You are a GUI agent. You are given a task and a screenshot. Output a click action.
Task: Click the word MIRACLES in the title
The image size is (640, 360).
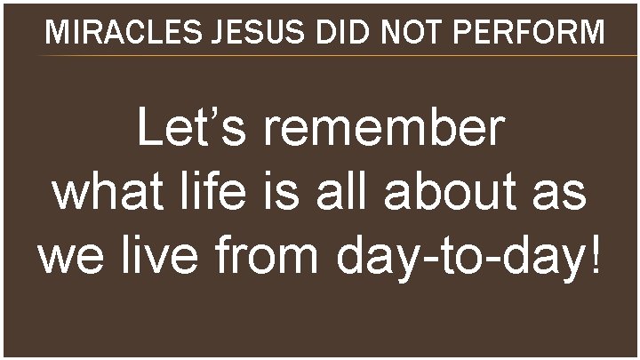click(113, 33)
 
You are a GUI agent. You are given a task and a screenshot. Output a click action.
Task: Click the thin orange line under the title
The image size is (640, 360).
click(338, 56)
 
